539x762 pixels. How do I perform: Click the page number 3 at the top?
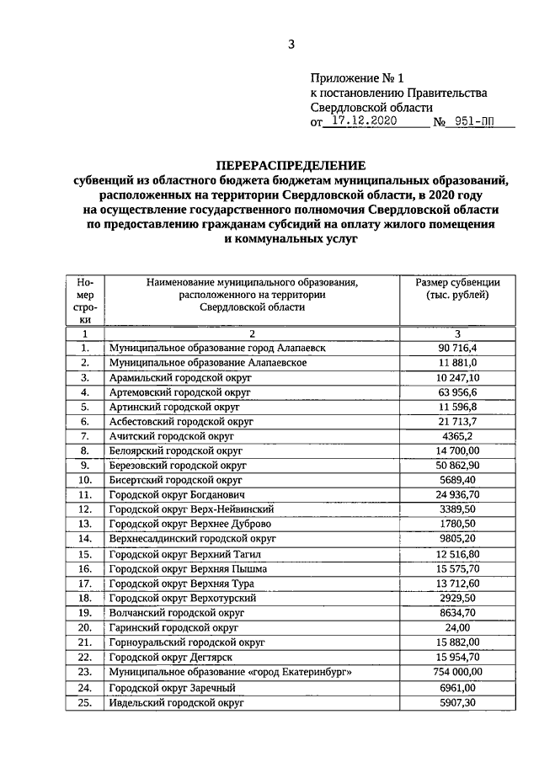click(x=291, y=45)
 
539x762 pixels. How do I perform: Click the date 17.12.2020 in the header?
click(x=367, y=121)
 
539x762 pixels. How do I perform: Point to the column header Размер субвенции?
click(x=457, y=282)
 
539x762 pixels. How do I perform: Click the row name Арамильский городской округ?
click(x=180, y=378)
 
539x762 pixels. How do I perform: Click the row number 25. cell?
click(x=85, y=701)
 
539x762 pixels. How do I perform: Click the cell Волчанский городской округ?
click(x=176, y=612)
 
